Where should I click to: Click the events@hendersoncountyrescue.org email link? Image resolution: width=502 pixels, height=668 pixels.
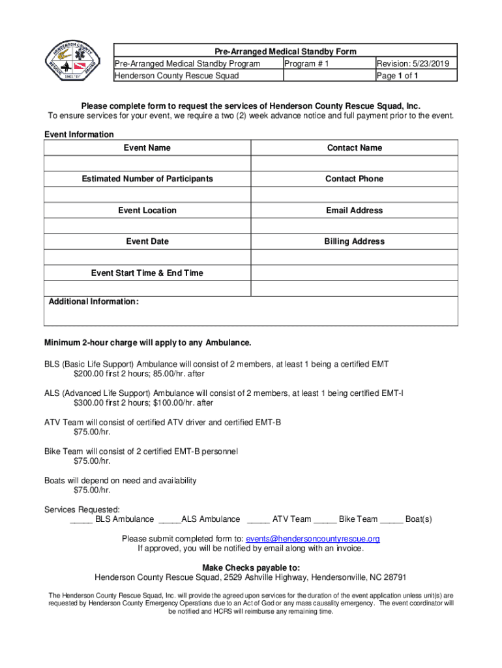[x=312, y=539]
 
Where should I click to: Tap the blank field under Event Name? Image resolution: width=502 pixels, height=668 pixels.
[x=147, y=163]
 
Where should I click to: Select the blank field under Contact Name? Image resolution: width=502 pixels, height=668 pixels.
[x=354, y=163]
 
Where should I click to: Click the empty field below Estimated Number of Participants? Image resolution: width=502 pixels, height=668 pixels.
[x=147, y=194]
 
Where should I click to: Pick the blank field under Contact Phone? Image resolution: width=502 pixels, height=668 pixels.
[x=354, y=194]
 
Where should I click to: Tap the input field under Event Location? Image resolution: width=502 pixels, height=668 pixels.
[x=147, y=226]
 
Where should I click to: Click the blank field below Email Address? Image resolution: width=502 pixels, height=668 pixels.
[x=354, y=226]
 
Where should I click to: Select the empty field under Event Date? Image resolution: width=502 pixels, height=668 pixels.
[x=147, y=257]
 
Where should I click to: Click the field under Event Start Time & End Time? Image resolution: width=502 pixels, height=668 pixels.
[x=147, y=288]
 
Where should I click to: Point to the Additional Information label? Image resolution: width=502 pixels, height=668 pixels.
[x=93, y=302]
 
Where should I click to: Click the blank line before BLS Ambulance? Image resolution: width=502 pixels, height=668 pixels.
[x=81, y=521]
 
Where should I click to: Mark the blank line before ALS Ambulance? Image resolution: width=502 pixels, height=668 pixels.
[x=169, y=521]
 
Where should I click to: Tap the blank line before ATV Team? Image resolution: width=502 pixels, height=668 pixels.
[x=258, y=521]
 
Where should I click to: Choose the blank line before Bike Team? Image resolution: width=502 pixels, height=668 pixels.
[x=325, y=521]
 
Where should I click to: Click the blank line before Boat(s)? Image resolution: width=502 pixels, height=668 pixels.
[x=391, y=521]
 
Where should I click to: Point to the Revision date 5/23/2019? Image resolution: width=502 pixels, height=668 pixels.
[x=417, y=63]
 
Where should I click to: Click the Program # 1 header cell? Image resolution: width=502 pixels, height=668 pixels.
[x=307, y=63]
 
